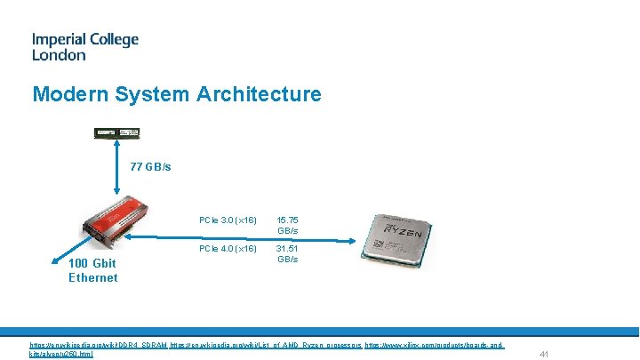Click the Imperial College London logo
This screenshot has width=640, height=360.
(x=84, y=47)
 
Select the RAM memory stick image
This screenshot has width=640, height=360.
(x=117, y=133)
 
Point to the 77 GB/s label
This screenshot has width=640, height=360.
(x=150, y=167)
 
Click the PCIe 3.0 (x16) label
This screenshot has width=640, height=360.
(x=228, y=220)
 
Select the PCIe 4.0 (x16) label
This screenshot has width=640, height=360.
(x=228, y=248)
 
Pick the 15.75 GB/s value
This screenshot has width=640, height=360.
(x=287, y=225)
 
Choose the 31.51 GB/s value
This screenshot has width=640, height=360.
(x=287, y=253)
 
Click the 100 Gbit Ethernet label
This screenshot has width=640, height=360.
(x=92, y=270)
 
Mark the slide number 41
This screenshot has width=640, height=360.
(x=545, y=354)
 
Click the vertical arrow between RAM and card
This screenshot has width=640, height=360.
(x=116, y=169)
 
